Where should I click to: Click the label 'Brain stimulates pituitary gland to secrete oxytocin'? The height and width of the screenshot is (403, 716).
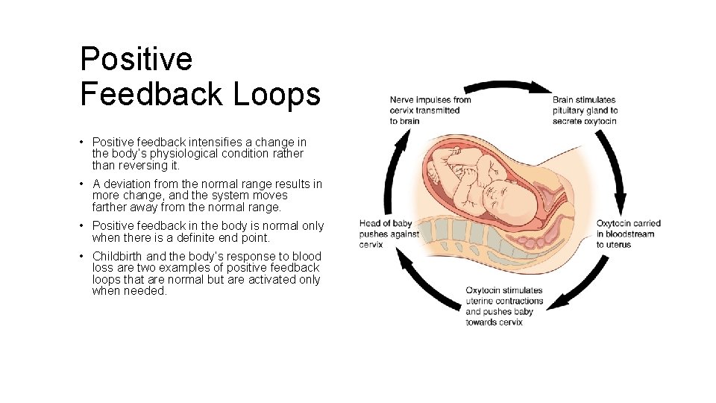585,110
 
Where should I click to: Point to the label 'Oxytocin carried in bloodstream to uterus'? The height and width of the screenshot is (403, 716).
628,234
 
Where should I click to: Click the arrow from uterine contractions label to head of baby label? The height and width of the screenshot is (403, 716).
426,284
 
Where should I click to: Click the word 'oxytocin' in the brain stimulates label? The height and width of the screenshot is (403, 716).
600,121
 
